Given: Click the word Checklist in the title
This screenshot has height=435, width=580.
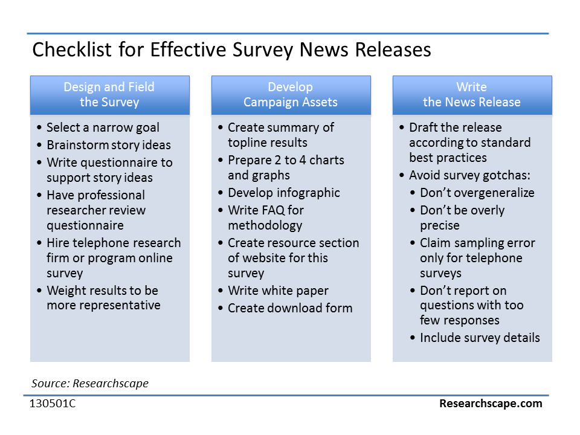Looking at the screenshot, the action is (72, 49).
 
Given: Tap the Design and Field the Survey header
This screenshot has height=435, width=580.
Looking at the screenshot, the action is (110, 95).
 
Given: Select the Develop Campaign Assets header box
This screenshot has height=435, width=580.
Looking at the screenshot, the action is (291, 95).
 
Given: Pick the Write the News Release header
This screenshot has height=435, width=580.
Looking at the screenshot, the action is (472, 95).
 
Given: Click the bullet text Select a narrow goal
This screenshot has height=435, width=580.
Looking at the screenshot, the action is (103, 127).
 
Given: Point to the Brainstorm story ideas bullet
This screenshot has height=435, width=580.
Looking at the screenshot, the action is (109, 145).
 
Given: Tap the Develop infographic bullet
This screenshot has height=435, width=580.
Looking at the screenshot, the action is (284, 193).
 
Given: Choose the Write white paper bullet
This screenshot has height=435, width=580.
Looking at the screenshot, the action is (278, 291).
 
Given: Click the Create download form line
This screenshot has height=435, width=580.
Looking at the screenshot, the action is (290, 308).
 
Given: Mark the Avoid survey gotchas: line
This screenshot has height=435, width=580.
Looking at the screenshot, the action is (470, 175).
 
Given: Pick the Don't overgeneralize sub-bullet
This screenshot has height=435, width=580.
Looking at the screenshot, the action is (477, 193).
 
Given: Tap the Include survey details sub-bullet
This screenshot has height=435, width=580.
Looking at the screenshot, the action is (480, 338).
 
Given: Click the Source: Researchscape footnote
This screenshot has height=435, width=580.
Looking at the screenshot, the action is (90, 383).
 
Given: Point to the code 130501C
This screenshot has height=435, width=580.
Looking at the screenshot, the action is (53, 403).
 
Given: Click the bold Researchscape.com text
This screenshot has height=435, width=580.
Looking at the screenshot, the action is (491, 403).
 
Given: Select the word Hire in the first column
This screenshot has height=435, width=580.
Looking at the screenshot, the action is (58, 243).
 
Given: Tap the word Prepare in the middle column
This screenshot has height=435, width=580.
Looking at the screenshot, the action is (250, 160).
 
